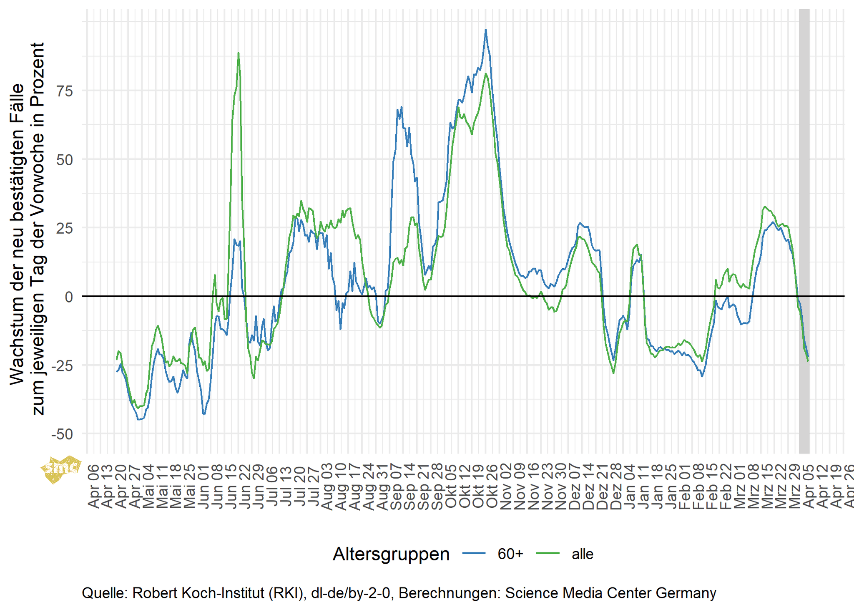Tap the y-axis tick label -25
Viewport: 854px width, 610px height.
(62, 365)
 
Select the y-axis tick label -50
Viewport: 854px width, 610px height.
(62, 434)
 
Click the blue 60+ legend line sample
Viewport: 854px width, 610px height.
(474, 554)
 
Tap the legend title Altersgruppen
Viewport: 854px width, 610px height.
(391, 554)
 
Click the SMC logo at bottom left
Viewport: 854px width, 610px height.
(61, 469)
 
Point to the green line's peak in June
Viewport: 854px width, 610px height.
(239, 53)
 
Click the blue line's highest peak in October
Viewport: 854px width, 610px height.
(485, 30)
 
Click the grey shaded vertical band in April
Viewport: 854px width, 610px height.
(804, 229)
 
